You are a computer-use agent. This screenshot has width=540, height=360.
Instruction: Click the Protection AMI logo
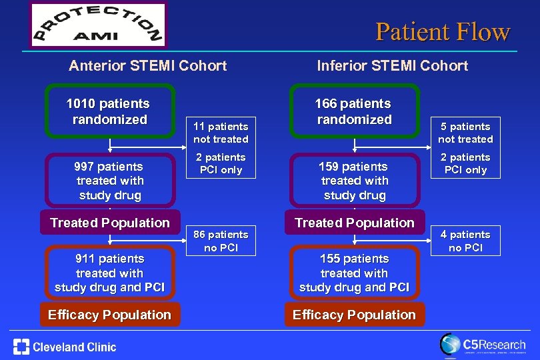click(x=99, y=25)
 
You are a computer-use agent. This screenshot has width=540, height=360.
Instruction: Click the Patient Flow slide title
click(x=443, y=31)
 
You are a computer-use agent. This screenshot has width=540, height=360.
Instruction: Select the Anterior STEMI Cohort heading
click(x=148, y=65)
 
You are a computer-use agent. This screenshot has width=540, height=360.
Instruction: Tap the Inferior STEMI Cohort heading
click(x=392, y=65)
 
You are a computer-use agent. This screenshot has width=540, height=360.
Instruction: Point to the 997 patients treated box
click(x=110, y=181)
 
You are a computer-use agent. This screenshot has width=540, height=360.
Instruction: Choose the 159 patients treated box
click(x=354, y=181)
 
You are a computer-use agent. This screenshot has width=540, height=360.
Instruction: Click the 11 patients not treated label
click(x=221, y=132)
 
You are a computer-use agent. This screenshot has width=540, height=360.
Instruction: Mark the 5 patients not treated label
click(x=465, y=132)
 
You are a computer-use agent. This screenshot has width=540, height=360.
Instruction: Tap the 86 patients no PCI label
click(x=221, y=241)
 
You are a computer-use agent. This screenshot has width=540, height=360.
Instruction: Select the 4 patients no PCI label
click(x=465, y=241)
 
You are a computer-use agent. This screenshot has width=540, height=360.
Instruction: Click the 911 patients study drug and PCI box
click(x=110, y=273)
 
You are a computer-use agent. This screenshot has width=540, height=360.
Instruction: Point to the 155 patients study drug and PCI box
click(x=354, y=273)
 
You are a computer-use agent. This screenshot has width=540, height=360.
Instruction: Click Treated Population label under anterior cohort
click(x=110, y=223)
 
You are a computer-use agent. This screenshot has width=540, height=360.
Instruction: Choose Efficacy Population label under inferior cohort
click(x=354, y=315)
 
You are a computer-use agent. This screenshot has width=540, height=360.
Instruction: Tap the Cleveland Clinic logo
click(x=65, y=347)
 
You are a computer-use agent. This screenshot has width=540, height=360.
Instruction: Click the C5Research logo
click(x=482, y=345)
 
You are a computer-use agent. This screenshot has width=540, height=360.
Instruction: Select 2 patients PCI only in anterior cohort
click(x=221, y=163)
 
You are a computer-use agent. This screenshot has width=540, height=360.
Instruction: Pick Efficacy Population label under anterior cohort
click(x=110, y=315)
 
